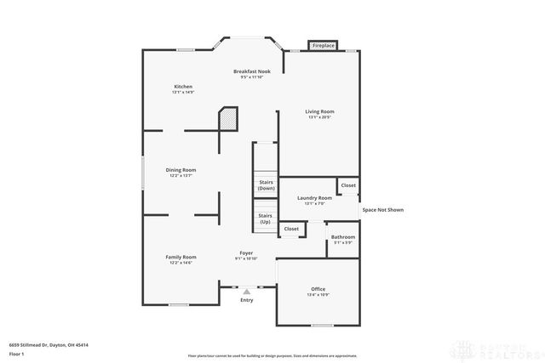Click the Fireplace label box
pos(324,45)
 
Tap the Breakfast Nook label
pos(252,71)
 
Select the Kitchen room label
pos(183,87)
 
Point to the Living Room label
pos(320,111)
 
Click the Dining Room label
pos(181,170)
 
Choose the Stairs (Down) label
pos(266,184)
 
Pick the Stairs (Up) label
pos(266,218)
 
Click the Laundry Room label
pos(314,198)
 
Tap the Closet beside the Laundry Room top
pos(348,185)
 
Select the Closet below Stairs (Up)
pos(291,229)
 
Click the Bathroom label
pos(343,237)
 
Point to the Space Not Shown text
pos(382,209)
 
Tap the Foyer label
pos(246,253)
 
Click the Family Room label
pos(181,258)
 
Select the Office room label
pos(318,290)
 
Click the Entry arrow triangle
pos(247,292)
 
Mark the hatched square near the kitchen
pos(227,119)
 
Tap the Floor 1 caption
pos(15,354)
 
